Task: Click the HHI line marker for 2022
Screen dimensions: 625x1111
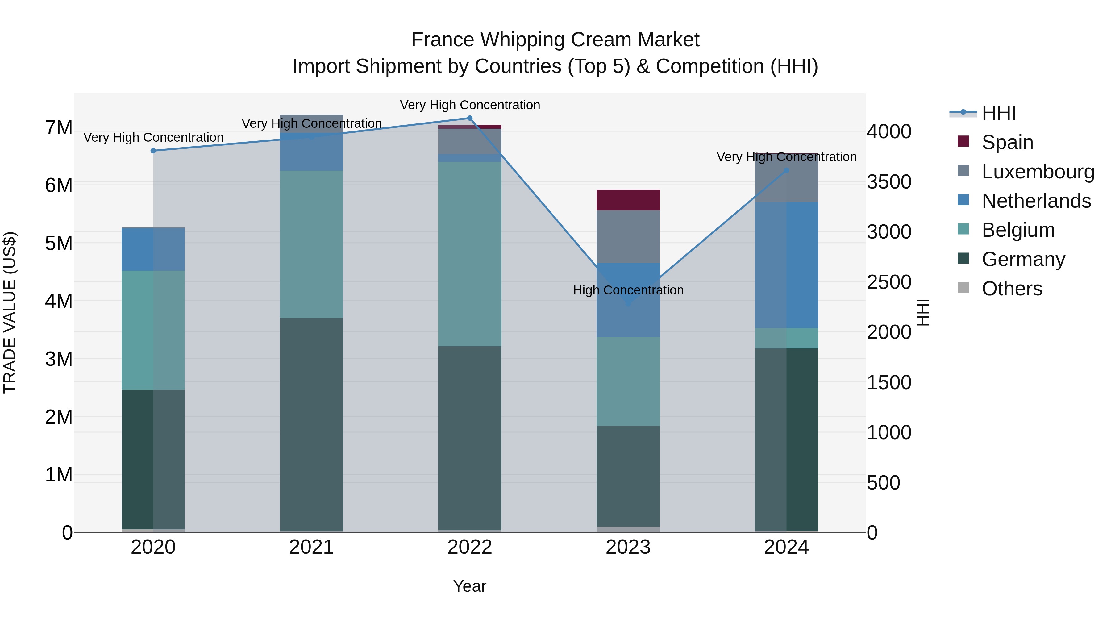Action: (x=470, y=118)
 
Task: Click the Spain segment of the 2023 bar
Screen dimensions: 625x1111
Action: (x=628, y=200)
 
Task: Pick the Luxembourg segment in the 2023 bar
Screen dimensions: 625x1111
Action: (x=628, y=237)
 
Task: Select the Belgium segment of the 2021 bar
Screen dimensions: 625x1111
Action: (x=311, y=244)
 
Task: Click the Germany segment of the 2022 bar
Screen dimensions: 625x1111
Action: (x=470, y=438)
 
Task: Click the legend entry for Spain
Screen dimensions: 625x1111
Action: (x=1007, y=142)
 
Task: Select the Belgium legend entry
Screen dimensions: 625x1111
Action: (x=1018, y=230)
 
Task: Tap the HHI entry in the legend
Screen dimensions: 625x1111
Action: (x=998, y=113)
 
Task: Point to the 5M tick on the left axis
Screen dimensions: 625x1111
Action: (x=59, y=243)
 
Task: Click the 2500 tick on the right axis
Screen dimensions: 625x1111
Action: (x=889, y=282)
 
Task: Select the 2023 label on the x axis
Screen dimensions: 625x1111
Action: (x=628, y=547)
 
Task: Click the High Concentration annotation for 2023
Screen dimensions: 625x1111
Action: (x=628, y=290)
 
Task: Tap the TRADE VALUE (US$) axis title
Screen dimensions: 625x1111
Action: (x=10, y=312)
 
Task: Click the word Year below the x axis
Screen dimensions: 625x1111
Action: (x=470, y=586)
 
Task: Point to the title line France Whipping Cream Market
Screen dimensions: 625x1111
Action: (x=555, y=40)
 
